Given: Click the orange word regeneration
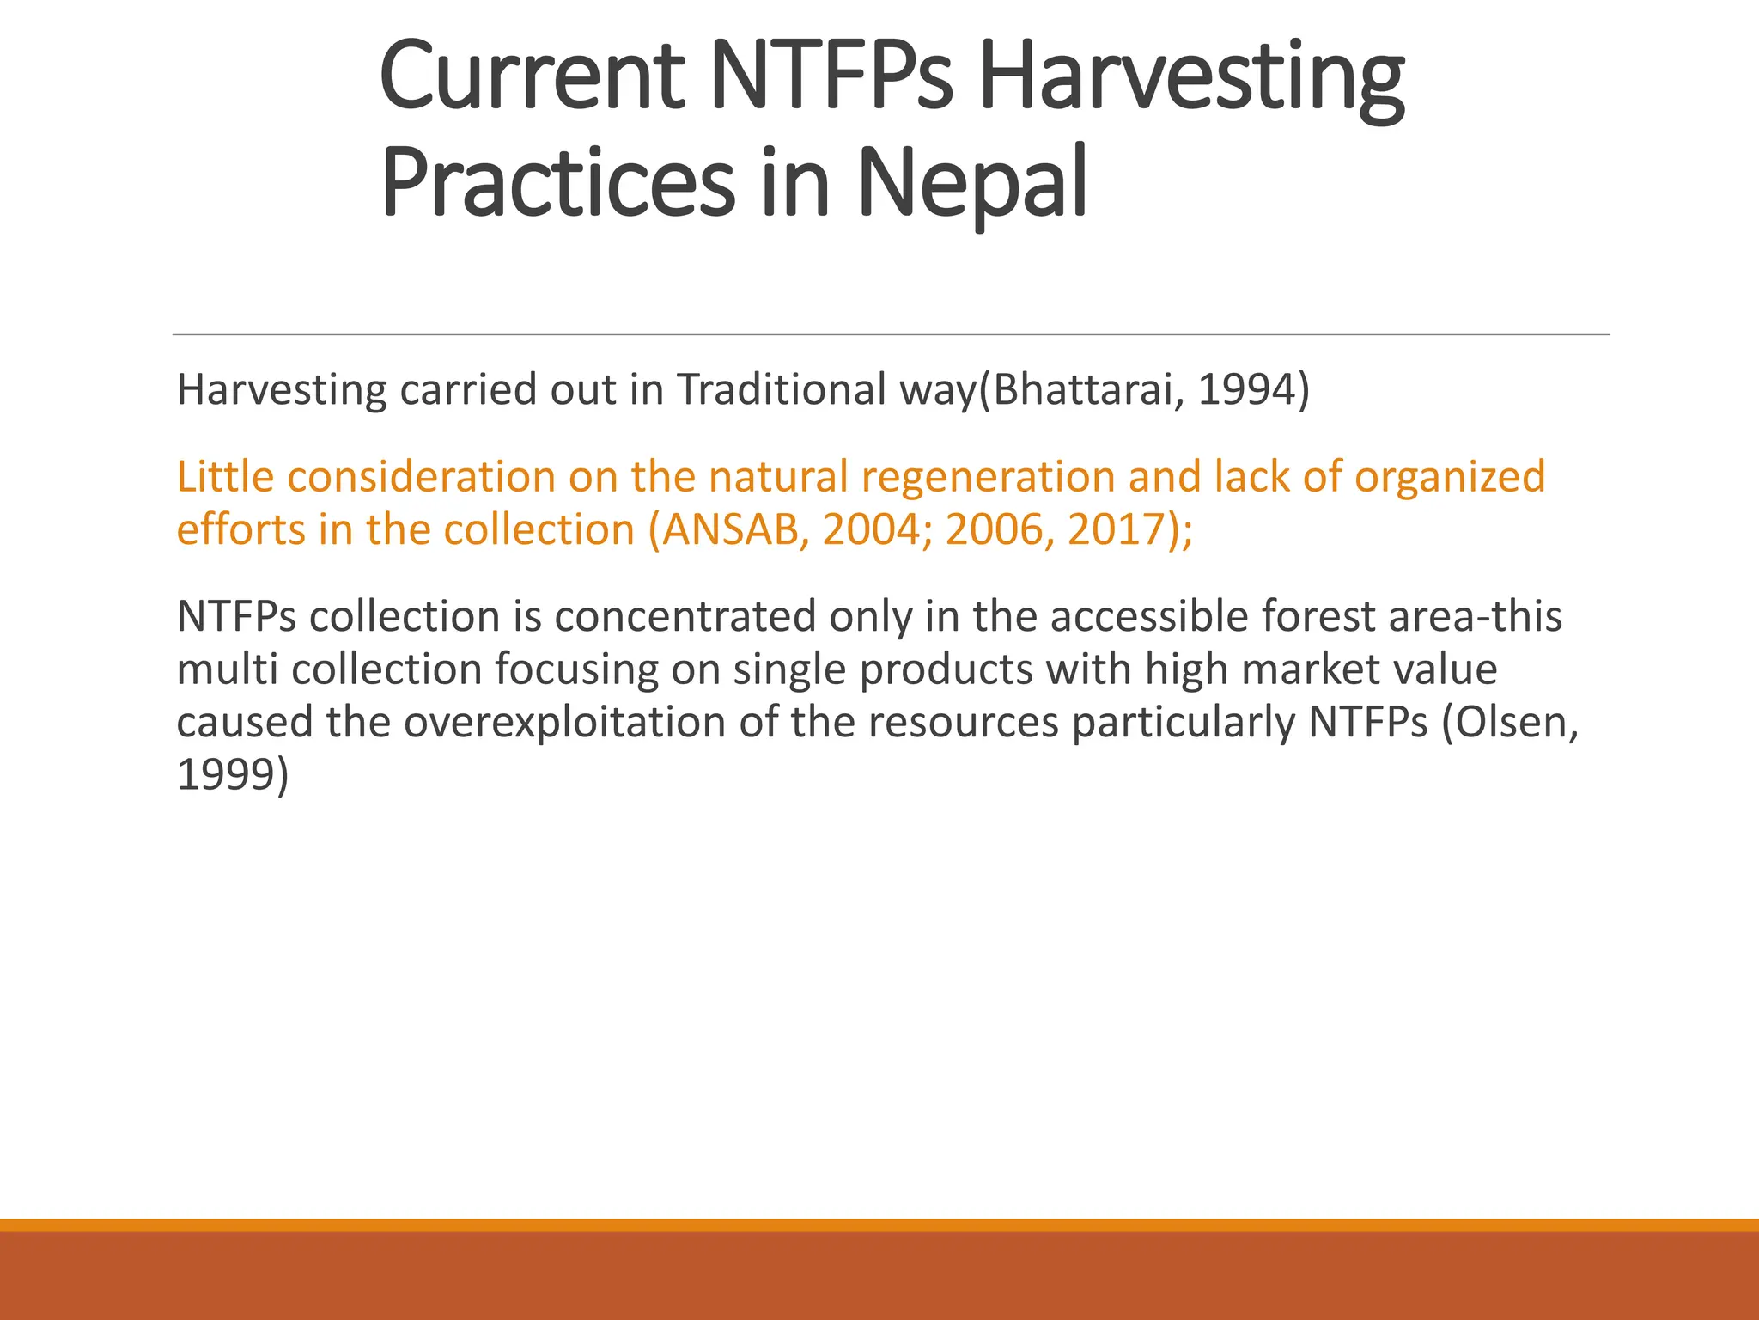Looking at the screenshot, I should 988,478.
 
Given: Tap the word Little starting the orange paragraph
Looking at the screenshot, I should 225,478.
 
